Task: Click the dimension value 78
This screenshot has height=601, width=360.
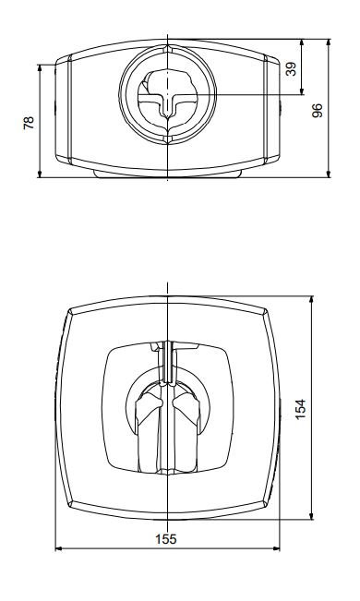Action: (29, 123)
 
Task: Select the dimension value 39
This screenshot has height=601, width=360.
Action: (292, 69)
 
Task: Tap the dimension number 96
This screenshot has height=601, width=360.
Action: (317, 111)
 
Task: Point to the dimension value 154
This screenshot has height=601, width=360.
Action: (301, 409)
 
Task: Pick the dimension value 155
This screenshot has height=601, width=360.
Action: (166, 539)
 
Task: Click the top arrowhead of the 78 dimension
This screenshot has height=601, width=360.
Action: (40, 67)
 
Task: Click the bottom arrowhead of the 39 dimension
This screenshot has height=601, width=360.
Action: (302, 90)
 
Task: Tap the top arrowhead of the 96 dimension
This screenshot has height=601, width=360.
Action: (329, 42)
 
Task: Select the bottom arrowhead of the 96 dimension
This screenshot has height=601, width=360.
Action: (329, 174)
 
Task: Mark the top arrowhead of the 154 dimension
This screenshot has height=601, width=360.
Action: (311, 300)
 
